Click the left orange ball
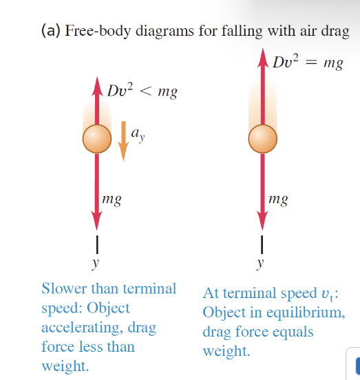(97, 139)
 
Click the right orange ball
(263, 139)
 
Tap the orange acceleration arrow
(123, 141)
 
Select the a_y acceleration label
(138, 135)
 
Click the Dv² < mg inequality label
(142, 91)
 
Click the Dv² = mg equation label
(308, 62)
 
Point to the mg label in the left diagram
(112, 200)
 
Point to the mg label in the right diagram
(278, 200)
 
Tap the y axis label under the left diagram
(96, 263)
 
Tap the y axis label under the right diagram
(260, 263)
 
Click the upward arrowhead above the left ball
(97, 87)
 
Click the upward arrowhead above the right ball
(263, 57)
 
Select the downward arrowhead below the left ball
(96, 220)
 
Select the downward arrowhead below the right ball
(262, 220)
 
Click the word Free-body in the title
(98, 31)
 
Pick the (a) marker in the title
(51, 31)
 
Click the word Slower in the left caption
(64, 288)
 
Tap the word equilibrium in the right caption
(306, 312)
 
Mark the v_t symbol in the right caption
(327, 294)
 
